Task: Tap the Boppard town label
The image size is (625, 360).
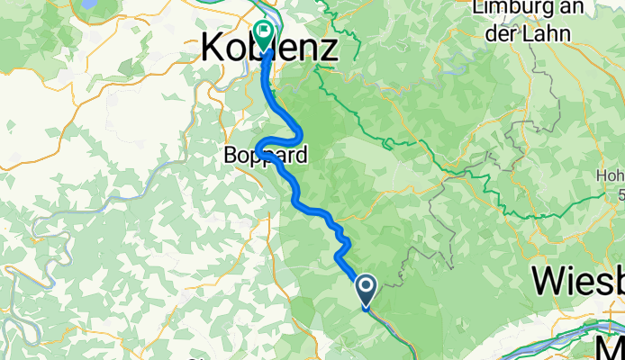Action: pos(266,156)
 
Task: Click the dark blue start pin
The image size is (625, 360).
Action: pos(367,288)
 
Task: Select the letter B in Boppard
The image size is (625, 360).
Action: pos(231,156)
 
